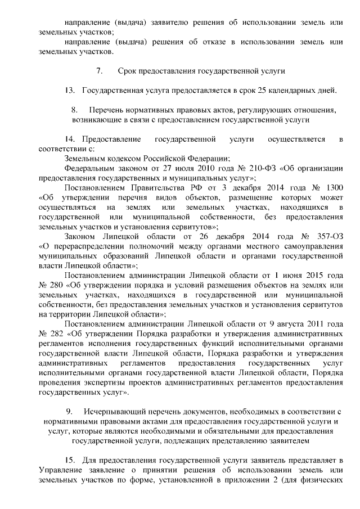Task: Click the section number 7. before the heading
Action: point(99,71)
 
